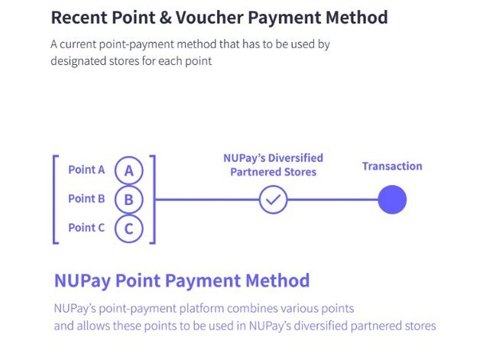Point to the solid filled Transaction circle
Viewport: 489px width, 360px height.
point(392,199)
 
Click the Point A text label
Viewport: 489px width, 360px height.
point(86,170)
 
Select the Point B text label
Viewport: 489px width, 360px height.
point(86,199)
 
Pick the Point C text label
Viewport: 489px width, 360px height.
point(86,228)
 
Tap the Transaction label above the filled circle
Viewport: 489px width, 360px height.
point(392,167)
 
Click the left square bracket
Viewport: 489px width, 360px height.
point(54,199)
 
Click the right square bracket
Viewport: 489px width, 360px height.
point(154,199)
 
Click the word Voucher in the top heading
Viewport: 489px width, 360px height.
point(209,18)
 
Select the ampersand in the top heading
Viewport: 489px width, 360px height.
point(165,18)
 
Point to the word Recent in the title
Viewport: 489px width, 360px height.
point(79,18)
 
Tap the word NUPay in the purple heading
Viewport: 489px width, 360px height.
point(83,281)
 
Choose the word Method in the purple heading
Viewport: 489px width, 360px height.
point(277,281)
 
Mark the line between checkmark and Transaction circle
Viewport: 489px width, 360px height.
point(332,199)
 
